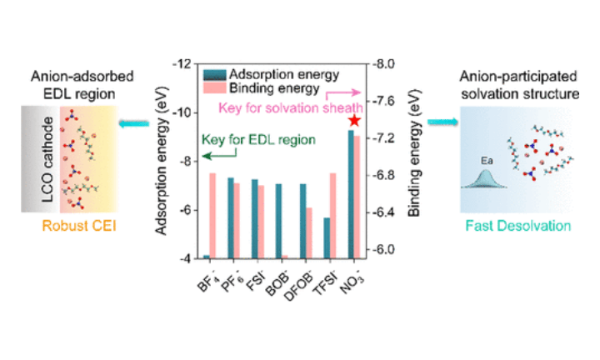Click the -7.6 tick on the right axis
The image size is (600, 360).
click(x=390, y=101)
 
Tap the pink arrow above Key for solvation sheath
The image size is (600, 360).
click(x=348, y=92)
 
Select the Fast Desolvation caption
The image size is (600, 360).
click(x=518, y=226)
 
